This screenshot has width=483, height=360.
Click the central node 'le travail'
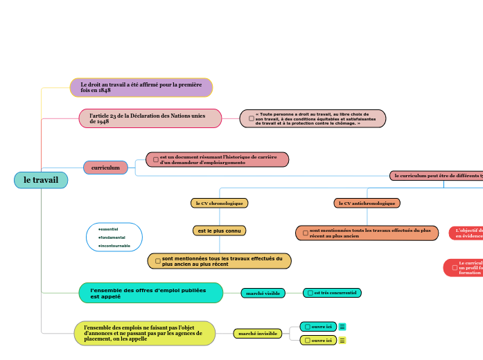[41, 180]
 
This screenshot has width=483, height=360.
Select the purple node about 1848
[141, 87]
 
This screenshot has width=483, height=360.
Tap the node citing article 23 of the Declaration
[150, 118]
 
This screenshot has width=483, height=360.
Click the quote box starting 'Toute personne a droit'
[313, 118]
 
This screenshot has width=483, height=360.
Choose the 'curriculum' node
[105, 168]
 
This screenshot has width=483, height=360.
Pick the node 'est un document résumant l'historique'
[217, 160]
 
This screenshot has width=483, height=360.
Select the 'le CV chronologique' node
[219, 203]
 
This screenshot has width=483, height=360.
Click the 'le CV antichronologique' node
[367, 203]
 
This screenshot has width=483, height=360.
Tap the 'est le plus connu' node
[219, 231]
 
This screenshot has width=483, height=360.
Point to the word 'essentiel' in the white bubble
[109, 228]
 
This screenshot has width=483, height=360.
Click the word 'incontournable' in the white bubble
[114, 246]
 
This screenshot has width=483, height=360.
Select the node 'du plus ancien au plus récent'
[219, 261]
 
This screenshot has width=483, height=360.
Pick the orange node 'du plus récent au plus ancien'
[367, 233]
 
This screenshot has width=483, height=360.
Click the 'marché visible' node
[263, 293]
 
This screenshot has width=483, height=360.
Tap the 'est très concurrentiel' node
[332, 293]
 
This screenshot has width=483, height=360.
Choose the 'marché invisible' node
[257, 334]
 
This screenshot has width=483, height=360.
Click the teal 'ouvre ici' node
[318, 326]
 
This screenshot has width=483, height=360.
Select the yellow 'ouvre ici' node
[318, 340]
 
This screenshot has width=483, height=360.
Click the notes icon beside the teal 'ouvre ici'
[342, 327]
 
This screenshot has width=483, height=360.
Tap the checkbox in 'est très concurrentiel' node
[310, 293]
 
